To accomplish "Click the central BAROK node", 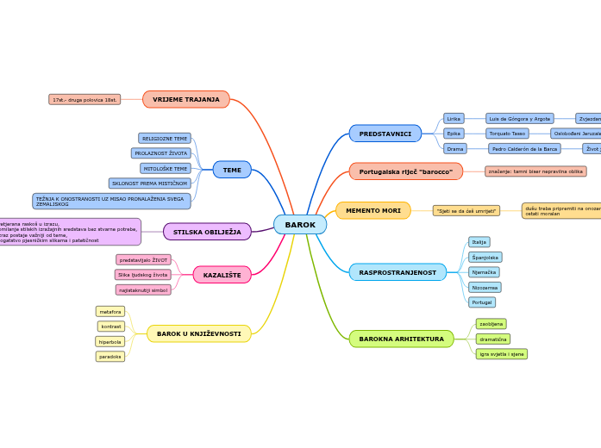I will [x=300, y=225].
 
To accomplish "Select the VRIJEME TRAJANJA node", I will [x=186, y=99].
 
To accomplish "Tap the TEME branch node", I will [x=232, y=170].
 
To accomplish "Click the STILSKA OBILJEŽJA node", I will [x=207, y=232].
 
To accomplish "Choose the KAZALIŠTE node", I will [x=222, y=275].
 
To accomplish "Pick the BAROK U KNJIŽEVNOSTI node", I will [x=198, y=333].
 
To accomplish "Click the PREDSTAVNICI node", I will [x=385, y=134].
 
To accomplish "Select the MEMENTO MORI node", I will [x=372, y=210].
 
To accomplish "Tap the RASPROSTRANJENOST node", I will [x=398, y=272].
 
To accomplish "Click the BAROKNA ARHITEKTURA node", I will [x=401, y=339].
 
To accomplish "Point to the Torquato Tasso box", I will [x=507, y=134].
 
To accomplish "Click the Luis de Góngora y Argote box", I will [x=519, y=118].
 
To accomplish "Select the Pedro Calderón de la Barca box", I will [x=524, y=148].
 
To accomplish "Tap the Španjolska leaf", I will [x=485, y=257].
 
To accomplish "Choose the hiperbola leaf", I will [x=110, y=341].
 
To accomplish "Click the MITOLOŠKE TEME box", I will [x=165, y=168].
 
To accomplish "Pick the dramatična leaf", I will [x=492, y=339].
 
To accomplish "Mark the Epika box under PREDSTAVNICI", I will [x=454, y=134].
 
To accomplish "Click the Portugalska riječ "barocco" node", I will [x=405, y=171].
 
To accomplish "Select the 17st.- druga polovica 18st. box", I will [x=85, y=99].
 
